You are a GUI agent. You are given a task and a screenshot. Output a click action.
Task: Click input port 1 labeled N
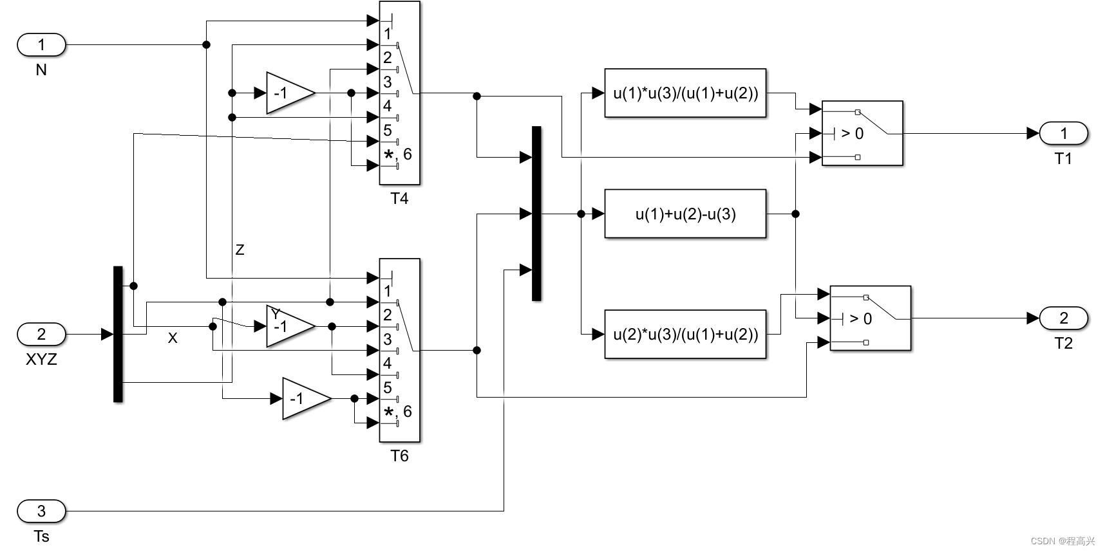pyautogui.click(x=41, y=45)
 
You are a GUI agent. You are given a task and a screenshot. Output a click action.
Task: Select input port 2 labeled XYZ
pyautogui.click(x=41, y=335)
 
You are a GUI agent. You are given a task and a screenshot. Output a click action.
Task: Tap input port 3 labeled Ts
pyautogui.click(x=41, y=511)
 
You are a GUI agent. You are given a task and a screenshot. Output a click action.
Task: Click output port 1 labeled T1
pyautogui.click(x=1063, y=133)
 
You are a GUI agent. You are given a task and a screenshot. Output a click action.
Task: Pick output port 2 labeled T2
pyautogui.click(x=1063, y=318)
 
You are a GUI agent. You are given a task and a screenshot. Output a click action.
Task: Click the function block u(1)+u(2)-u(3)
pyautogui.click(x=685, y=214)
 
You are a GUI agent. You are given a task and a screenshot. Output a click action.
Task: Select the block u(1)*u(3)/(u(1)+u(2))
pyautogui.click(x=685, y=93)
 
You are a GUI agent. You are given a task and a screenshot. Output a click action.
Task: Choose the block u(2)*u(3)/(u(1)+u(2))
pyautogui.click(x=685, y=335)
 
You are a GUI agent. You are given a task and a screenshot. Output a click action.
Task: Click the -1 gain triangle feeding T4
pyautogui.click(x=287, y=93)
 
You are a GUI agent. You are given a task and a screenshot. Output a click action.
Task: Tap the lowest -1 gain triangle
pyautogui.click(x=303, y=399)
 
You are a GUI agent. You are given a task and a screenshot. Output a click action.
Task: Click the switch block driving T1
pyautogui.click(x=862, y=133)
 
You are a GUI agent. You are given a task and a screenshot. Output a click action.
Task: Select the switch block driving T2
pyautogui.click(x=871, y=318)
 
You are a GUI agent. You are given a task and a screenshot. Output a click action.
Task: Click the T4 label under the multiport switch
pyautogui.click(x=399, y=199)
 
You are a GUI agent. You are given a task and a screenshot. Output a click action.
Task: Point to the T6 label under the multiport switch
pyautogui.click(x=399, y=456)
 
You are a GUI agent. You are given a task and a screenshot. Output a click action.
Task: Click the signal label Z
pyautogui.click(x=240, y=250)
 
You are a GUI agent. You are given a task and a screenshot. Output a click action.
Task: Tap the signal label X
pyautogui.click(x=173, y=338)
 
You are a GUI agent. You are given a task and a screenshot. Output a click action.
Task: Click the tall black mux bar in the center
pyautogui.click(x=536, y=214)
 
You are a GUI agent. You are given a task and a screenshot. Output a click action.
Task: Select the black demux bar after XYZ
pyautogui.click(x=118, y=334)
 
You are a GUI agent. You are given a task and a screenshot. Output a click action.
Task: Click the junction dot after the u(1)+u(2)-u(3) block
pyautogui.click(x=795, y=214)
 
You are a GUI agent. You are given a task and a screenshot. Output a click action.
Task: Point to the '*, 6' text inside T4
pyautogui.click(x=398, y=154)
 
